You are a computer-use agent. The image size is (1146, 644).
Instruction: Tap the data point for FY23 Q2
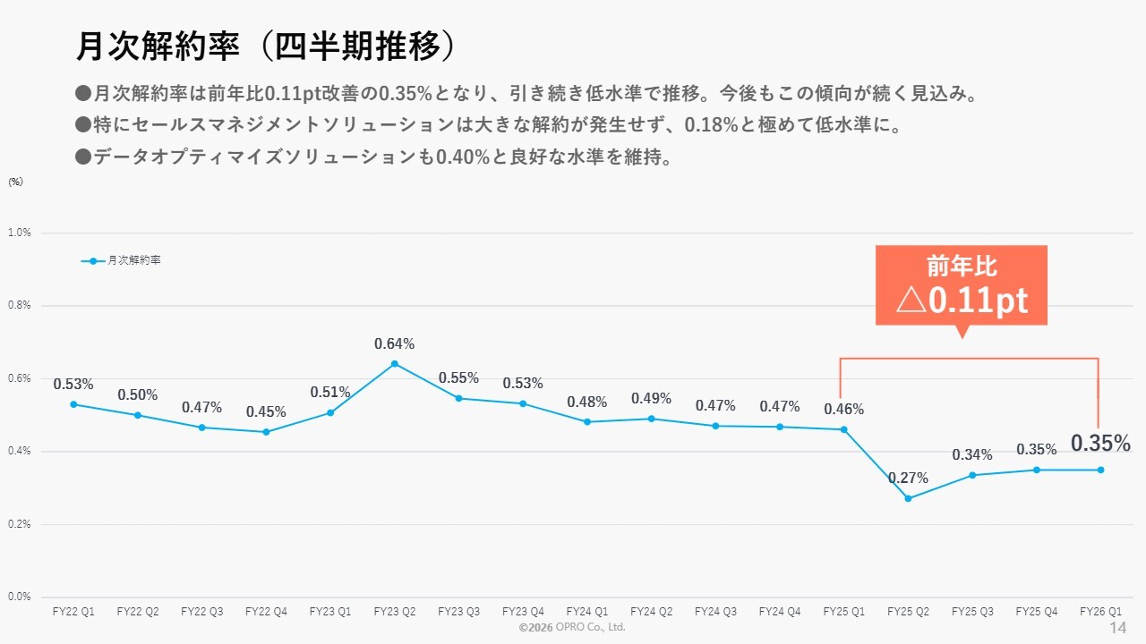point(395,363)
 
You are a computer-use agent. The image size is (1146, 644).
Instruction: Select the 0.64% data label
point(395,344)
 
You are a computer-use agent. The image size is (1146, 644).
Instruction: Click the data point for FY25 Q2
point(908,498)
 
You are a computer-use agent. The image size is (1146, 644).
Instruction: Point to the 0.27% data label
point(908,479)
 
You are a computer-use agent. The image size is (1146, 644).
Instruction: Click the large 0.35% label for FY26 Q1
point(1100,444)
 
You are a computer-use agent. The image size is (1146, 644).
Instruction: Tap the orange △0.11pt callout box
point(962,284)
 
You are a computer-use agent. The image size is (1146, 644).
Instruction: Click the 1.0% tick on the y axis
point(19,233)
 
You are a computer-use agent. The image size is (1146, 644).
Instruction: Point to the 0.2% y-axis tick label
point(19,524)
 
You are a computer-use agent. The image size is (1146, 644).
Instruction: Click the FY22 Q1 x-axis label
point(73,612)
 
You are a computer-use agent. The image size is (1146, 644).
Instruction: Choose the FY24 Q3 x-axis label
point(715,612)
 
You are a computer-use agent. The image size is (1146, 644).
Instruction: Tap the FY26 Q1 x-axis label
point(1100,612)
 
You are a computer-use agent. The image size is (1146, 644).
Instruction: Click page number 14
point(1117,628)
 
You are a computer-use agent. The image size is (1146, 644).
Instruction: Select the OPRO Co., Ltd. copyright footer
point(572,628)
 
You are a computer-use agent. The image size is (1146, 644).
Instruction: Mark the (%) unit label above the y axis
point(15,182)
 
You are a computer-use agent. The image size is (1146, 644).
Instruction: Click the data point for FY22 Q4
point(266,432)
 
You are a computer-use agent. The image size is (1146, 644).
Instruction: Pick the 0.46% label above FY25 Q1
point(843,410)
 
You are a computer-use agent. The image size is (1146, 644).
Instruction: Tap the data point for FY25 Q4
point(1037,470)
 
